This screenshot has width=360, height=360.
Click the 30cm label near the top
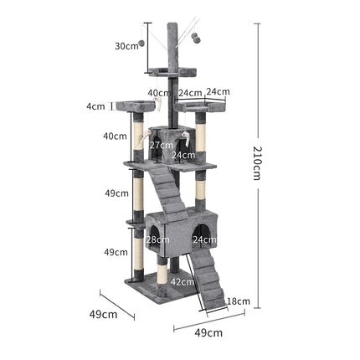tap(126, 47)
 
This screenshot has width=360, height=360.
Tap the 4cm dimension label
tap(96, 106)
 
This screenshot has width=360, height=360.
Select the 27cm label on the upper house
tap(161, 145)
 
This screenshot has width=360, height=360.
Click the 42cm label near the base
tap(183, 282)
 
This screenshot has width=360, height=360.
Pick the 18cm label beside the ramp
tap(239, 301)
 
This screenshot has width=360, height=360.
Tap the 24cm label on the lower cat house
tap(205, 239)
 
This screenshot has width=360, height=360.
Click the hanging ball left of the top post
tap(142, 44)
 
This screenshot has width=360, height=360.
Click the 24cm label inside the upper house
tap(183, 155)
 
